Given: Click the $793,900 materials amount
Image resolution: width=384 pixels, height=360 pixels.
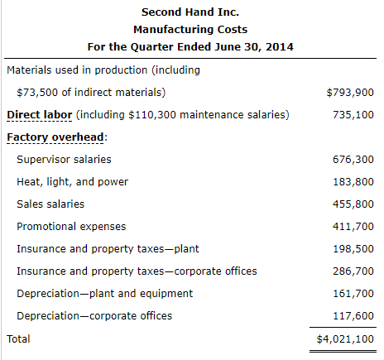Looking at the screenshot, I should [x=350, y=92].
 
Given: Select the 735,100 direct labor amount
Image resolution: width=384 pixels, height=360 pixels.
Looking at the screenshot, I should [x=354, y=114].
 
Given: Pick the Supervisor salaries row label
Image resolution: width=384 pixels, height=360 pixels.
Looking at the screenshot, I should [x=64, y=159].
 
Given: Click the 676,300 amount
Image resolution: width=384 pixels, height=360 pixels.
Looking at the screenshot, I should [x=354, y=159].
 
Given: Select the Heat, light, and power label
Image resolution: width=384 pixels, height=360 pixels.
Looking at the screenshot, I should [x=72, y=181].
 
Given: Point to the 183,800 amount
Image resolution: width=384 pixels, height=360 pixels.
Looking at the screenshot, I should [x=354, y=181].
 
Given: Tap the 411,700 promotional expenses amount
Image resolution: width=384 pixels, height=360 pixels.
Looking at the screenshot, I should [x=354, y=226].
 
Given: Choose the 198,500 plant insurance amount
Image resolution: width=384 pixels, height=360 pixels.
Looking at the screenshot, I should [x=354, y=248].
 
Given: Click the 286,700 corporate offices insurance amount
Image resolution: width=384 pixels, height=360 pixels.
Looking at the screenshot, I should [x=354, y=271].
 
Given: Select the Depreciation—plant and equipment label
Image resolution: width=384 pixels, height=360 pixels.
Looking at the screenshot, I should [x=104, y=293].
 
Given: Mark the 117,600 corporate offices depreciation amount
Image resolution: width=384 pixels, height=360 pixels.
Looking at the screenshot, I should [x=354, y=315].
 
